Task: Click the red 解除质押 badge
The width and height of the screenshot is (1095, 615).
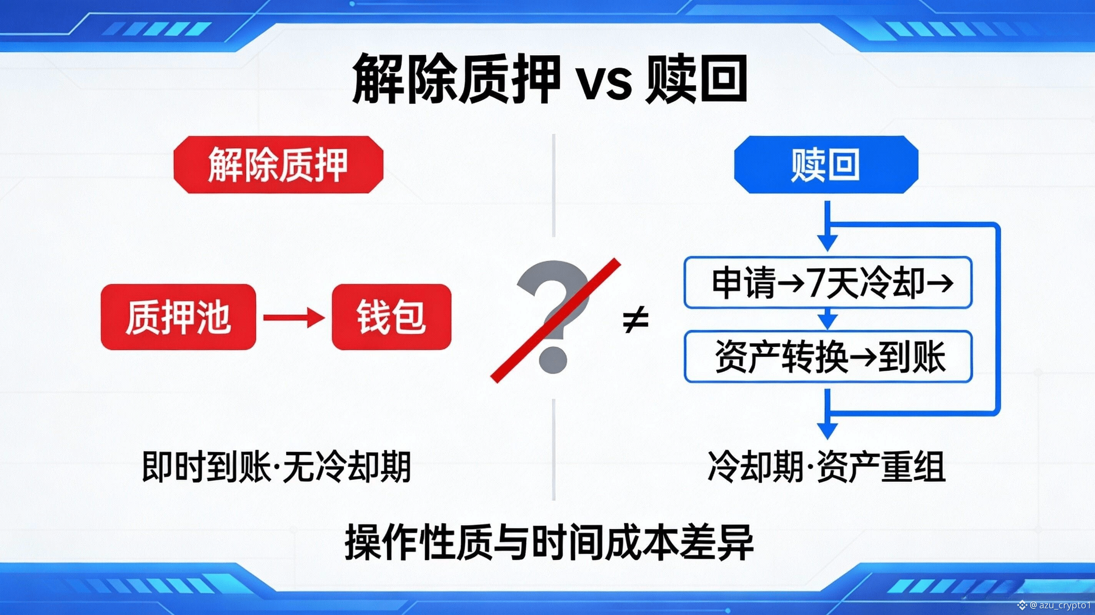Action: [278, 165]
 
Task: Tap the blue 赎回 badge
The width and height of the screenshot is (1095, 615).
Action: [825, 165]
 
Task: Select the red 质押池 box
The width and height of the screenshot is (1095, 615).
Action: [178, 317]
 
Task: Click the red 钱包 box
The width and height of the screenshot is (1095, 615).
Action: [391, 317]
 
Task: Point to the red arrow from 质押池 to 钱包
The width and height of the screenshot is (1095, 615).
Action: [294, 317]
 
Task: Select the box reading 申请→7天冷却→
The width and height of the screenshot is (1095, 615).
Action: [828, 283]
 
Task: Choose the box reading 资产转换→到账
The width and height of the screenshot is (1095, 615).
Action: [828, 357]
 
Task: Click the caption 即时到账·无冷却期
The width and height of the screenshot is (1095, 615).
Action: [276, 467]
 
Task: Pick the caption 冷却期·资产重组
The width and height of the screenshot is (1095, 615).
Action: [827, 467]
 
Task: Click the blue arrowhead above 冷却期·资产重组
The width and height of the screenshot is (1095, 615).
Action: [827, 430]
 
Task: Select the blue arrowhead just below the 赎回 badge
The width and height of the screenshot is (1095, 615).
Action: [827, 243]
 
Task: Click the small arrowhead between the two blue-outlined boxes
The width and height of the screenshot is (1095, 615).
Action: [827, 321]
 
